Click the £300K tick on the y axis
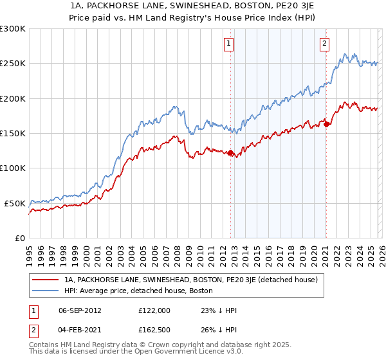tap(13, 29)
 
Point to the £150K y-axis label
tap(13, 134)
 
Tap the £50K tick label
tap(15, 203)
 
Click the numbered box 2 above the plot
tap(324, 44)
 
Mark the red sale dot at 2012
tap(230, 153)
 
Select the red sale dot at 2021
tap(326, 125)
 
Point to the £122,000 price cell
tap(154, 310)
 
